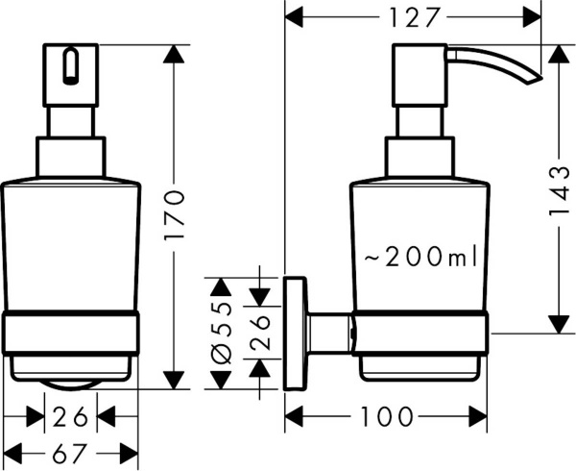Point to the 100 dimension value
pos(388,416)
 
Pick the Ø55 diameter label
pos(221,334)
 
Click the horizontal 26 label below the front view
pos(70,416)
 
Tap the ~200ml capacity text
pos(420,257)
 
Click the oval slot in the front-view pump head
pos(70,66)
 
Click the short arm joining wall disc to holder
pos(329,334)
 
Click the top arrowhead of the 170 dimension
pos(174,54)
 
